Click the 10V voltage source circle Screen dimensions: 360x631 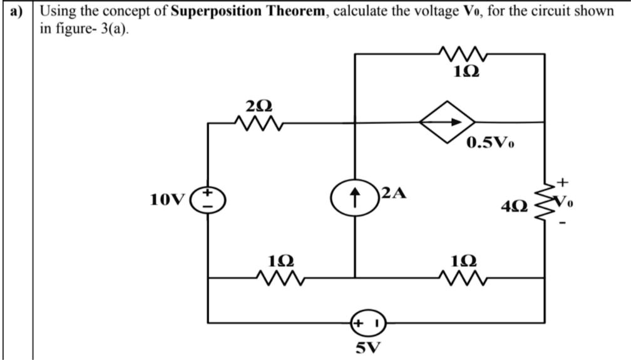click(208, 200)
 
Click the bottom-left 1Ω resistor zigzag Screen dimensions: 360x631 click(280, 278)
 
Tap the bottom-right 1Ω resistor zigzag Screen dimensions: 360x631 click(463, 278)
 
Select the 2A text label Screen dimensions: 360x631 click(394, 193)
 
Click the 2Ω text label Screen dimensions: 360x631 click(259, 103)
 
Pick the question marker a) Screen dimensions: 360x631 click(16, 12)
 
